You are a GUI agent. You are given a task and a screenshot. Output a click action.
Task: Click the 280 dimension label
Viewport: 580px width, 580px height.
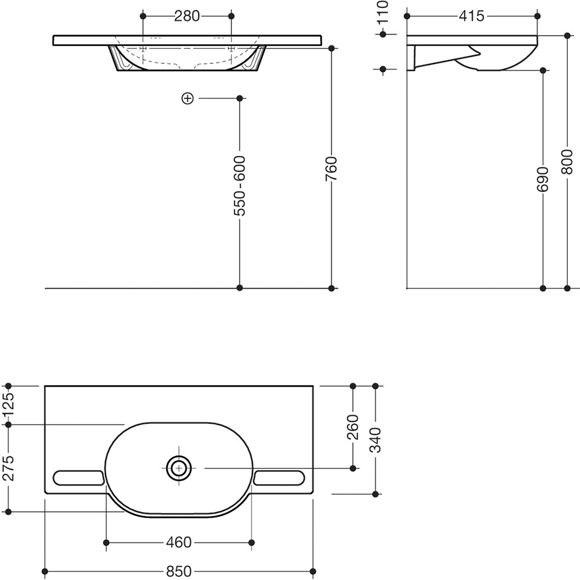[x=187, y=17]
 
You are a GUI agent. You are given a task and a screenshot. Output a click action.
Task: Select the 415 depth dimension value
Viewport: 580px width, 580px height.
[x=471, y=17]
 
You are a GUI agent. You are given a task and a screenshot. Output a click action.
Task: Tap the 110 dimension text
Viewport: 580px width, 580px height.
[x=383, y=12]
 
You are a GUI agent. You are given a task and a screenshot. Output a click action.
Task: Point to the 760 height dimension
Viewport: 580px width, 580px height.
[x=331, y=168]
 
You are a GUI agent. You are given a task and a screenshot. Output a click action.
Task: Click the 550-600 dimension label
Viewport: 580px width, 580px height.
[x=240, y=186]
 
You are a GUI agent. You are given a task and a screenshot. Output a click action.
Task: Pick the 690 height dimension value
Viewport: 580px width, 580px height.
[x=543, y=179]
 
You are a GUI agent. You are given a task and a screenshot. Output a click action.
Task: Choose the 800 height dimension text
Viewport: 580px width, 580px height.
[x=567, y=162]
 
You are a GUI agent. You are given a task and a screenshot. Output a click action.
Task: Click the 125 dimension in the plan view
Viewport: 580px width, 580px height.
[x=9, y=404]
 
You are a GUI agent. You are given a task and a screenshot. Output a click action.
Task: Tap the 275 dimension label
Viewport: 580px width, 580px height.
[x=9, y=468]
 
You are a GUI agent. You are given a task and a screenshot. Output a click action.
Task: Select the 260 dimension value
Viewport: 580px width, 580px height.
[x=353, y=427]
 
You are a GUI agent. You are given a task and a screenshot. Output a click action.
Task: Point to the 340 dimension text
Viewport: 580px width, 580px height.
[x=376, y=440]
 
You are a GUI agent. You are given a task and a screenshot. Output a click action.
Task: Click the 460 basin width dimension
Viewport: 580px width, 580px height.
[x=179, y=543]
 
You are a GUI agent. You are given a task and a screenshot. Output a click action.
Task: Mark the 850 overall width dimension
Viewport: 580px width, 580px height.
[x=179, y=571]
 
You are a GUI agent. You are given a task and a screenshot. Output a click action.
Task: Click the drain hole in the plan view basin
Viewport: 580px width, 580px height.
[x=179, y=468]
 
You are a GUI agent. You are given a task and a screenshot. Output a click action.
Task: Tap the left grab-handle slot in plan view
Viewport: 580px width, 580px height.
[x=78, y=478]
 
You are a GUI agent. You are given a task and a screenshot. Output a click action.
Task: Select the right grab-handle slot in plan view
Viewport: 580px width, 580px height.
[x=279, y=478]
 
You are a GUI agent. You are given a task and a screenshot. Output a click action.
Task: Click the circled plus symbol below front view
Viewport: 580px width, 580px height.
[x=188, y=98]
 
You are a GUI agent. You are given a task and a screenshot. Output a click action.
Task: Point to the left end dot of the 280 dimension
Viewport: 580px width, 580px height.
[x=144, y=17]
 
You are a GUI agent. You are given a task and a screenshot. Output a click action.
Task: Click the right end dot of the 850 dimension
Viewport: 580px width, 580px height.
[x=313, y=571]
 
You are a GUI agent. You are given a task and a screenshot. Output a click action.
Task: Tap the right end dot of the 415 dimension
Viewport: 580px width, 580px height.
[x=538, y=17]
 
